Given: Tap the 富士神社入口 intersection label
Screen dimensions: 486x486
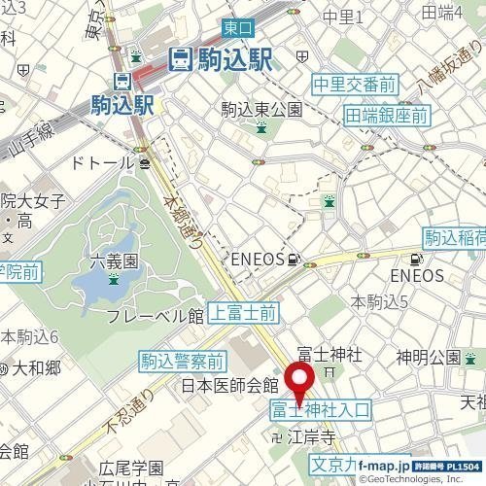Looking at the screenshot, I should pos(320,411).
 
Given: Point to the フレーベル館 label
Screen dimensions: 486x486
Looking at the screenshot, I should pos(155,316).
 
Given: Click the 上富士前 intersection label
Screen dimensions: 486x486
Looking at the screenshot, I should pos(244,312).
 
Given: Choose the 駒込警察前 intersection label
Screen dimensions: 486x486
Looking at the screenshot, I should pos(183,362).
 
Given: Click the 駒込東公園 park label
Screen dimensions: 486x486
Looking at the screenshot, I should pos(262,109).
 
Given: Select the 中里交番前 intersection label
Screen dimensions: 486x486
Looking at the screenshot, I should pos(354,85).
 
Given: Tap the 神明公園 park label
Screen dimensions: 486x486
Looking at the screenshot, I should pos(428,355).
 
